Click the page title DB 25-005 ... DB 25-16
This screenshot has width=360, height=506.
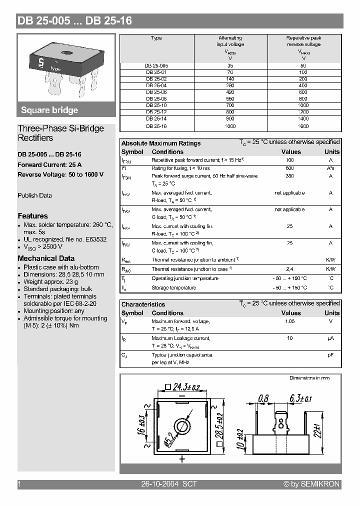(74, 21)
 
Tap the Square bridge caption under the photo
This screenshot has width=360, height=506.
(49, 110)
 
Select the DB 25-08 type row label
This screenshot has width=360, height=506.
(156, 99)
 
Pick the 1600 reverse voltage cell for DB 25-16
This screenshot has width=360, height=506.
(303, 126)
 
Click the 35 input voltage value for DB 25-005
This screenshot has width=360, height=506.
(230, 65)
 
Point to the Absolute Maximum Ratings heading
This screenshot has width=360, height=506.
(161, 143)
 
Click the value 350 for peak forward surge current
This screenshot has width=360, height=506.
(289, 176)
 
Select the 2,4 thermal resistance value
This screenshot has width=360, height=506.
(289, 269)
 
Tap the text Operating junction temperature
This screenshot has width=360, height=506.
(185, 278)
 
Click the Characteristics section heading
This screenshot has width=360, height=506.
(143, 304)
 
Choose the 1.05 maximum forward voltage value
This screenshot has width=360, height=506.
(289, 321)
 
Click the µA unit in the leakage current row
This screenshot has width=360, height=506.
(330, 338)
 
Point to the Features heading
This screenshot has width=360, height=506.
(32, 216)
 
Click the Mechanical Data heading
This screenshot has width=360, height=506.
(46, 258)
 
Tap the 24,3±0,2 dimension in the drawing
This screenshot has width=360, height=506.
(182, 386)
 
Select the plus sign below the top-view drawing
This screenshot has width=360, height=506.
(182, 458)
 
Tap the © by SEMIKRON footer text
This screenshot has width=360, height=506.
(311, 484)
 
